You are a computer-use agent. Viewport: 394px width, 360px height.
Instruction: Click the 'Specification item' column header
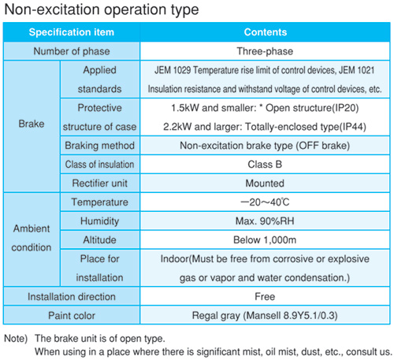72,32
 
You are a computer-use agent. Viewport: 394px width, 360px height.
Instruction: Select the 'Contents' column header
266,32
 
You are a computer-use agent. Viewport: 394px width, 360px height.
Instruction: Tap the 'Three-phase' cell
265,51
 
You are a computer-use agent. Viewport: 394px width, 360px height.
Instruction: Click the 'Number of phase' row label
72,51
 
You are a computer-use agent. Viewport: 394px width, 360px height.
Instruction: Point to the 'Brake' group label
32,124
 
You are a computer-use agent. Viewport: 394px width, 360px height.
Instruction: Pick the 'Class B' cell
265,165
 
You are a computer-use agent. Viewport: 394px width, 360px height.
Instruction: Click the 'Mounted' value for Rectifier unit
265,184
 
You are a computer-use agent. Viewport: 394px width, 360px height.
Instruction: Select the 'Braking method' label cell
100,146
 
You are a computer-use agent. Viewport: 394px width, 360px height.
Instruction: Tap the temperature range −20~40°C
265,202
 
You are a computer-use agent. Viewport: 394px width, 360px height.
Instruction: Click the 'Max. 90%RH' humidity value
265,221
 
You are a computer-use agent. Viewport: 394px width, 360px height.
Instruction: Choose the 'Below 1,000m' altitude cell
265,240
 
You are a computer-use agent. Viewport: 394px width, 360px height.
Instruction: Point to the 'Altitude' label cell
100,240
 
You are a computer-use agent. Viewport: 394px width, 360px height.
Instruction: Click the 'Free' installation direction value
265,297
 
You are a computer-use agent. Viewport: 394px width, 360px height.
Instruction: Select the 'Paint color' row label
72,316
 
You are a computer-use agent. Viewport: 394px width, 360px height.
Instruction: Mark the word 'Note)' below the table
16,339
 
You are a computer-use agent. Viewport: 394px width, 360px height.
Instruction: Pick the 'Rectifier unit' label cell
100,184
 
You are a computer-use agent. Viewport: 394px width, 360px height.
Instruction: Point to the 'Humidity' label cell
100,221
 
